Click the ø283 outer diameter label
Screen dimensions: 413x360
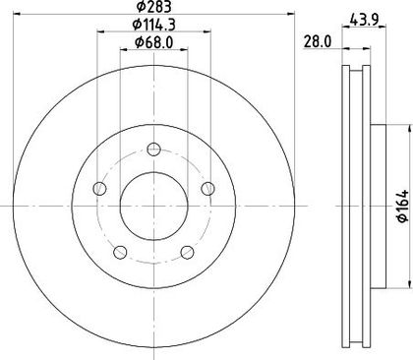click(x=153, y=7)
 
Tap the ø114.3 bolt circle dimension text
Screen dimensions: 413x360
click(x=153, y=25)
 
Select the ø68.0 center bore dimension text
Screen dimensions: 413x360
click(x=153, y=42)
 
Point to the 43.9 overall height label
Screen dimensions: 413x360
click(x=364, y=20)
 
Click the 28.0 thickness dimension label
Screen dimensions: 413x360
click(x=318, y=42)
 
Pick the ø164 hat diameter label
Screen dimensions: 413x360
click(x=403, y=206)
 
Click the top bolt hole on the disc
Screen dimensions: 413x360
click(x=153, y=150)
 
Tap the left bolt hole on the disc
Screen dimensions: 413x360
click(x=99, y=189)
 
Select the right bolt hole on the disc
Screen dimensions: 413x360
click(x=207, y=189)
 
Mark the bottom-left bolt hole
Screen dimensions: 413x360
click(x=120, y=252)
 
